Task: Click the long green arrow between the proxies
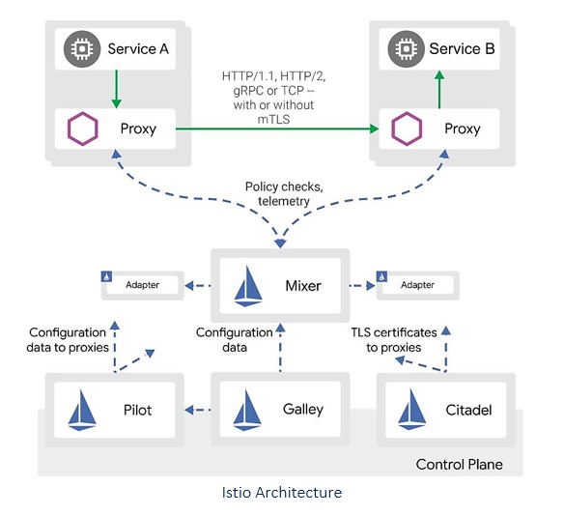pos(279,128)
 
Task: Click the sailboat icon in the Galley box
pos(250,410)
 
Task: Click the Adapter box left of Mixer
pos(142,285)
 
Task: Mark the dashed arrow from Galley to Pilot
pos(198,411)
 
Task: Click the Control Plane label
pos(459,465)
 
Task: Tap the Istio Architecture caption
pos(281,493)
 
